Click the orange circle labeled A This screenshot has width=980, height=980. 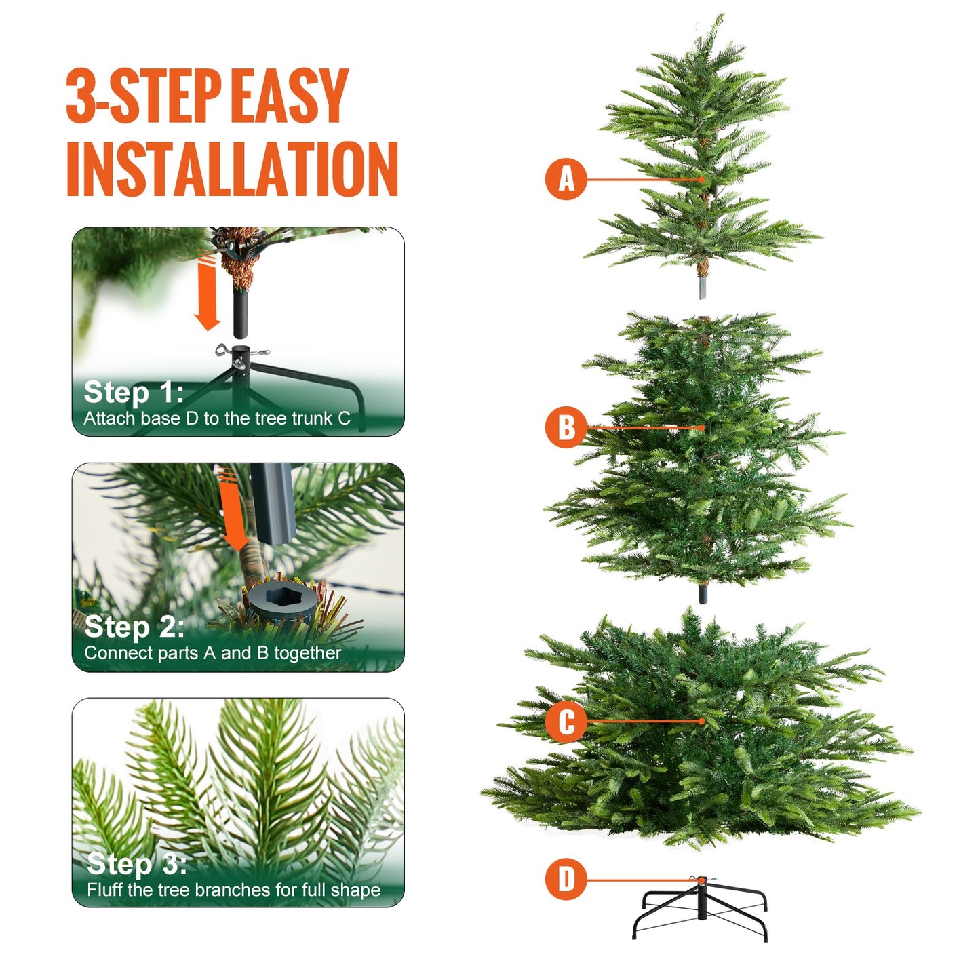pos(566,179)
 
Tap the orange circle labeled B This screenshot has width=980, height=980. pos(566,427)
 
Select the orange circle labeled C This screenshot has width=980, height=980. pos(566,721)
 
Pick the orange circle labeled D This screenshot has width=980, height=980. pos(566,880)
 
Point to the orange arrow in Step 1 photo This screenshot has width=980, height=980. pos(208,292)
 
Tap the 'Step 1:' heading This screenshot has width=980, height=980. pos(134,392)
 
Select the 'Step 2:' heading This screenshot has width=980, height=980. pos(134,627)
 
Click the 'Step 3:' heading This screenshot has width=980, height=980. pos(136,863)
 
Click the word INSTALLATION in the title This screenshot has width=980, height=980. pos(232,169)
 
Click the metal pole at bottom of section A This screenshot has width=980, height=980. pos(703,286)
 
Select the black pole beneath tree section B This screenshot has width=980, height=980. pos(703,593)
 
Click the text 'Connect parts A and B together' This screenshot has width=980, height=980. pos(212,653)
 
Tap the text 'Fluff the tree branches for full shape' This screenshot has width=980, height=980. pos(233,890)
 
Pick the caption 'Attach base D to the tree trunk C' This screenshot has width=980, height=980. pos(216,418)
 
